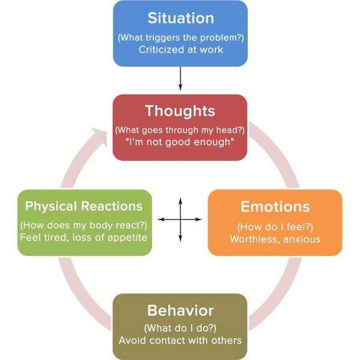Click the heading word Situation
point(181,18)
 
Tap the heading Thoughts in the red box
point(180,111)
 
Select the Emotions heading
point(275,206)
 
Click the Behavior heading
point(181,310)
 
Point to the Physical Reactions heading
point(84,206)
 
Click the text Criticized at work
point(181,50)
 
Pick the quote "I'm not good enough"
point(180,142)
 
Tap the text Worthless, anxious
point(275,239)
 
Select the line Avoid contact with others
point(180,340)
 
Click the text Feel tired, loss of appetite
point(83,238)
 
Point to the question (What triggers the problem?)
point(181,38)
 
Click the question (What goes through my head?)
point(180,130)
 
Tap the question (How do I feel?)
point(275,227)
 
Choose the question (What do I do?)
point(180,328)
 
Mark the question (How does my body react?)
point(83,226)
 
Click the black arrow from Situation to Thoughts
point(181,79)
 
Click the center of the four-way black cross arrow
point(181,220)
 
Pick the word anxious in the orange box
point(302,239)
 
